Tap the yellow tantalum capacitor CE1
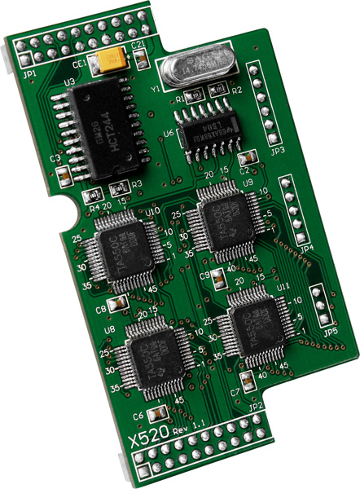(110, 59)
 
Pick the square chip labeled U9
(218, 215)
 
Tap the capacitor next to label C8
(119, 302)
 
